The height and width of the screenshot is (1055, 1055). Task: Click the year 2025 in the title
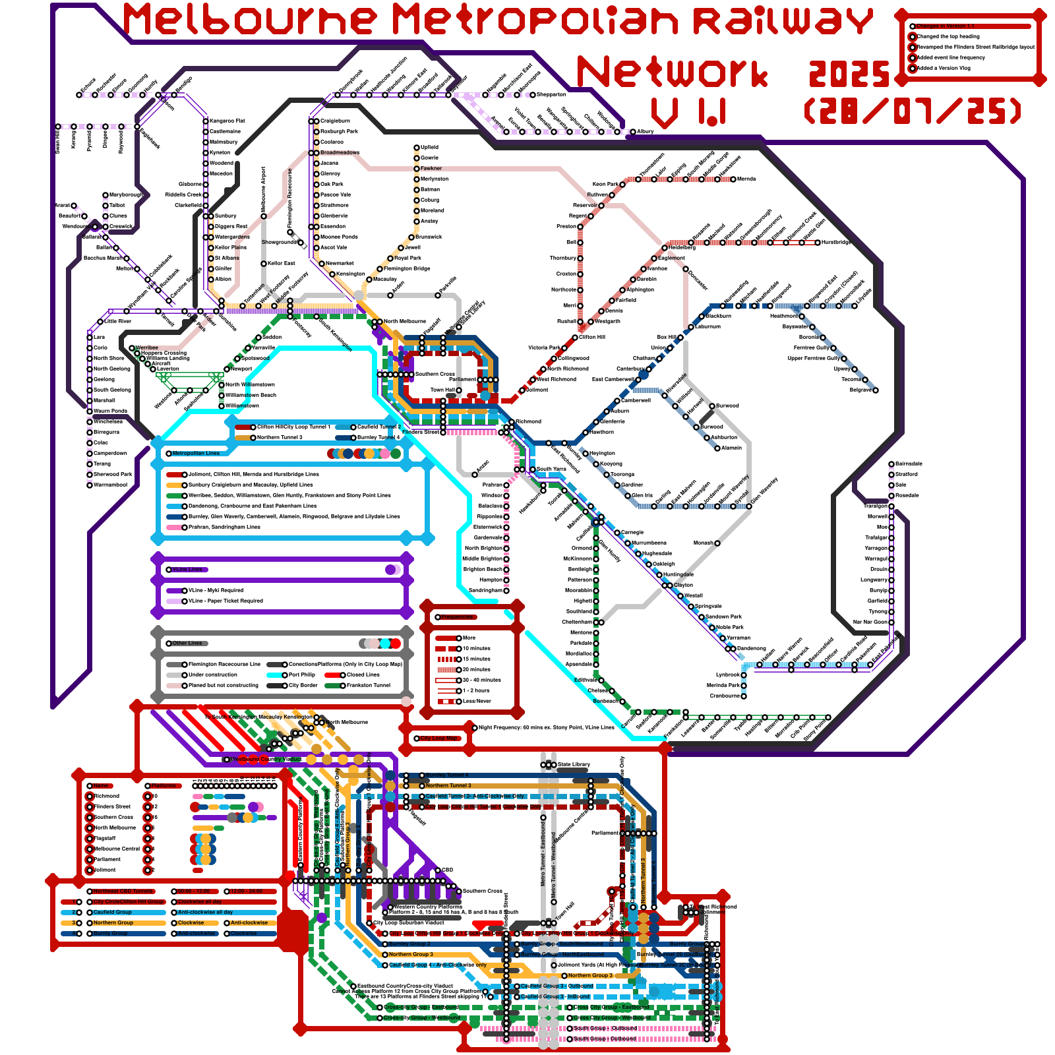click(849, 74)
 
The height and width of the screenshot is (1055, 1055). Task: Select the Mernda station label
click(746, 179)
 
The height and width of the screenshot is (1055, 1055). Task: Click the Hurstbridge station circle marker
click(818, 243)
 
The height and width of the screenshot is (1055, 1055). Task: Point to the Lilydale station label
click(864, 305)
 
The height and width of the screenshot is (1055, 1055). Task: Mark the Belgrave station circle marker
click(876, 390)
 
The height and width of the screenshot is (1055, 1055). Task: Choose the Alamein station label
click(732, 448)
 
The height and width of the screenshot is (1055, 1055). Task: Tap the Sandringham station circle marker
click(506, 590)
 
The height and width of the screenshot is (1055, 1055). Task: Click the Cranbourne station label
click(724, 696)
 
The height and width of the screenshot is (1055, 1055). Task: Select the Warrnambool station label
click(110, 485)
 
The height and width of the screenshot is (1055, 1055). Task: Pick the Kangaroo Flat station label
click(227, 121)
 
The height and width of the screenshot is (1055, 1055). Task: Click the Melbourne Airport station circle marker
click(264, 216)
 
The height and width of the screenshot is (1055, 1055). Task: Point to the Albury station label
click(646, 131)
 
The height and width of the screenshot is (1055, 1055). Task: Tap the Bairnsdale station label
click(909, 464)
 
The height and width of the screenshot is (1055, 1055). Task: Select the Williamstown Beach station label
click(251, 395)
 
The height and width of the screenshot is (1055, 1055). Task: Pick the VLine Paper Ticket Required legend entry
click(226, 601)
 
